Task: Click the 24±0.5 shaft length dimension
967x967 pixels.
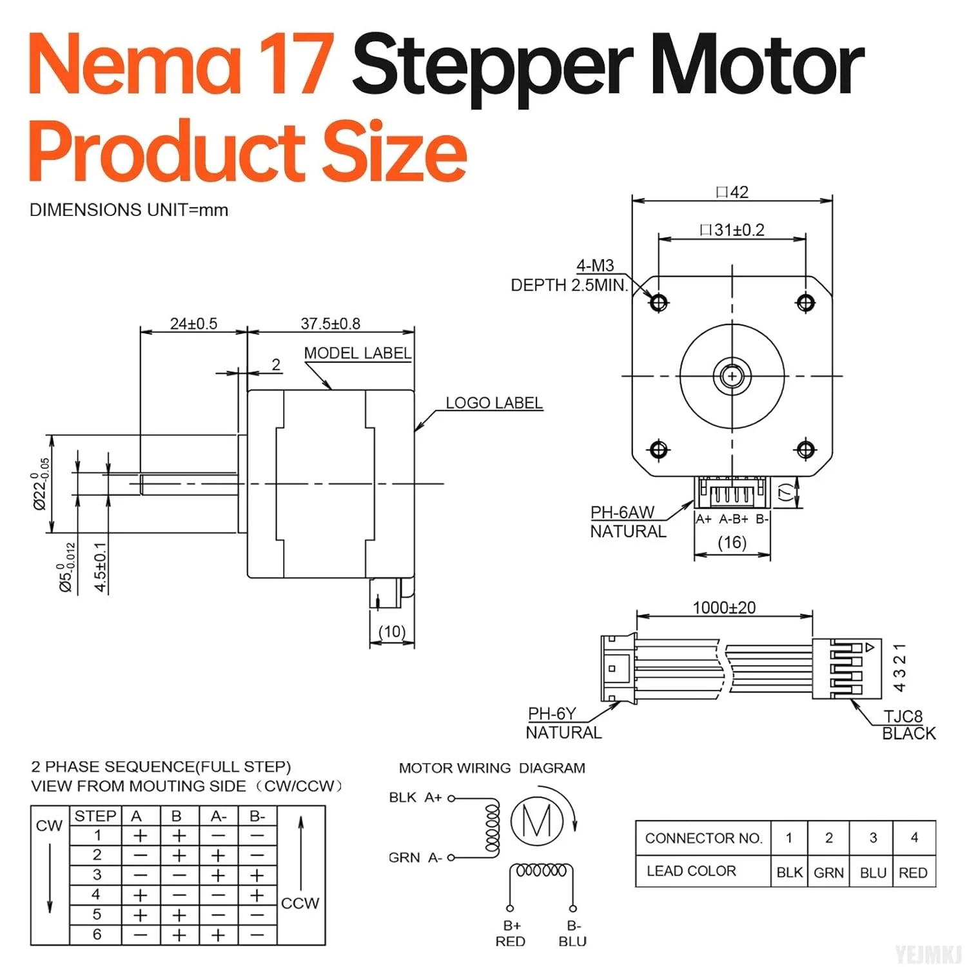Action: (193, 324)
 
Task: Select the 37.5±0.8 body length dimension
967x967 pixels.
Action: (330, 324)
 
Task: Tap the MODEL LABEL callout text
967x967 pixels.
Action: (357, 353)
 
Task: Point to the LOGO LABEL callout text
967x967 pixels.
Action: (494, 403)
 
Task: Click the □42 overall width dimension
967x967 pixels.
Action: (732, 192)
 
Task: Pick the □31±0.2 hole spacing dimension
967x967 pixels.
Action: (732, 230)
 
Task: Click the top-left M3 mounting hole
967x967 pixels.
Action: (659, 302)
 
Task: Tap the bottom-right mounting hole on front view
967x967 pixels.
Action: (806, 449)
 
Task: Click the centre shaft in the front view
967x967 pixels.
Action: (732, 375)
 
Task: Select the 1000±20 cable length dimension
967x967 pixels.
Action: (724, 607)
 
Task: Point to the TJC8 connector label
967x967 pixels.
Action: (903, 716)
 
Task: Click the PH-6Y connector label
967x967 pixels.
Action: (552, 714)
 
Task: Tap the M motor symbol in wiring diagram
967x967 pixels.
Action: (537, 821)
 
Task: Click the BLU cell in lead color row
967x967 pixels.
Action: (873, 872)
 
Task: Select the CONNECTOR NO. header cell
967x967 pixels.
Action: (703, 838)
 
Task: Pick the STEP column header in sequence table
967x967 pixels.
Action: (95, 816)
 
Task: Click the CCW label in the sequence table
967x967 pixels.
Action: (300, 903)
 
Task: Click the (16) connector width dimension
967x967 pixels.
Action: (732, 542)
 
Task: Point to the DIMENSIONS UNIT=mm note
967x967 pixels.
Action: (129, 210)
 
